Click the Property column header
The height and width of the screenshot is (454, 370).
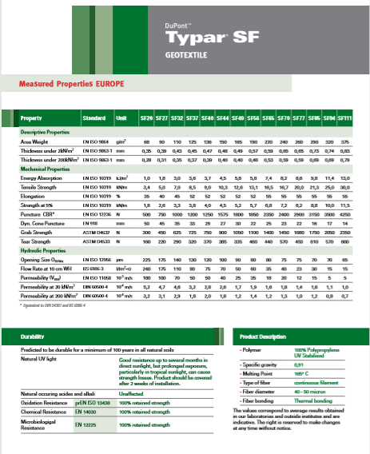coord(31,119)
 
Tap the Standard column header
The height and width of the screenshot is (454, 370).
coord(93,119)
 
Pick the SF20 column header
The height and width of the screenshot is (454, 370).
coord(146,119)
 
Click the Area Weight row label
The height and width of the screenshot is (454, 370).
coord(34,140)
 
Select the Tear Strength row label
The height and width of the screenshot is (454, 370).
coord(36,217)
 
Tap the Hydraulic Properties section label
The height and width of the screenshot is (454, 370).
coord(45,226)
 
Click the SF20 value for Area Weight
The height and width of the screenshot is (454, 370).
coord(146,140)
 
